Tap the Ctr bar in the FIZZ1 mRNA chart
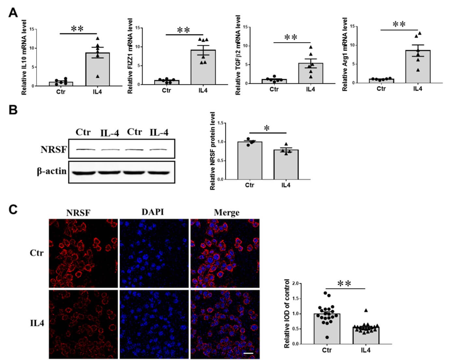[167, 82]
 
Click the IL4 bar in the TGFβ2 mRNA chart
[311, 73]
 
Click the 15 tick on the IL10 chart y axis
[32, 29]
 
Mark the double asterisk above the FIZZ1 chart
[184, 30]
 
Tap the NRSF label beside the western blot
[53, 150]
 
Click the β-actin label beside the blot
[52, 171]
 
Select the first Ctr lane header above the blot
[83, 132]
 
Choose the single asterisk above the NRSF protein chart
[267, 128]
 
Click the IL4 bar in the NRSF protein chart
[286, 165]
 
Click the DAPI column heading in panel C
[153, 212]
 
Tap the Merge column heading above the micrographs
[227, 213]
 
